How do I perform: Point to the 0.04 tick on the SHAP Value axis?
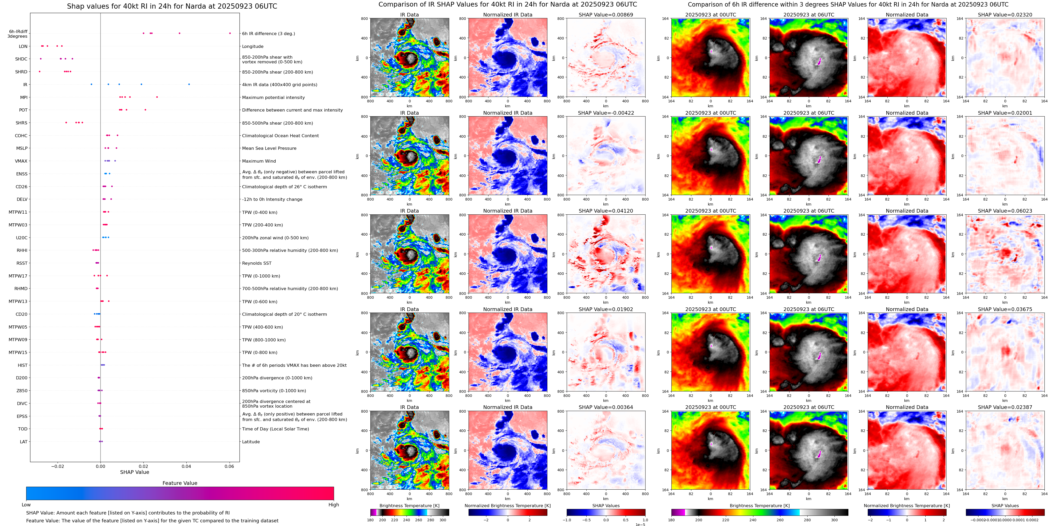(x=186, y=466)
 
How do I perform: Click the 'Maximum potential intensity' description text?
(x=273, y=97)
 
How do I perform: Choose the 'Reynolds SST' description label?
(x=256, y=263)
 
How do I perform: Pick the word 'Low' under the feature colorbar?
(x=26, y=505)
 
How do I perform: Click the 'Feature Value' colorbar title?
(x=180, y=483)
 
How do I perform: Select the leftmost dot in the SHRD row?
(x=40, y=72)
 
